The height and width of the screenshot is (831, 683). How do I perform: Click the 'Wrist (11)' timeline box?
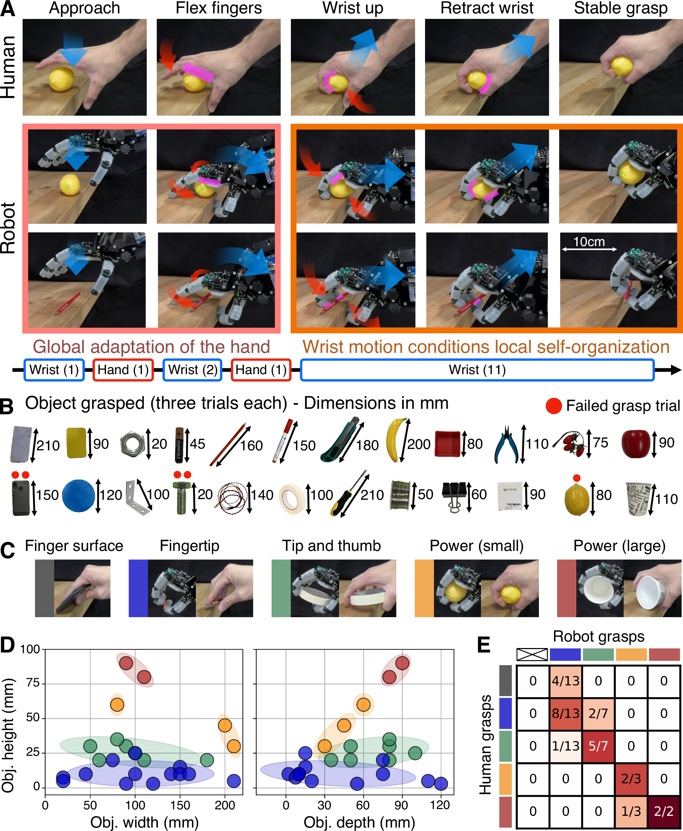pyautogui.click(x=477, y=370)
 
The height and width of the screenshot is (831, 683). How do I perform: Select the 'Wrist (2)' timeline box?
pyautogui.click(x=192, y=370)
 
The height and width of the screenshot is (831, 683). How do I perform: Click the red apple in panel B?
pyautogui.click(x=635, y=443)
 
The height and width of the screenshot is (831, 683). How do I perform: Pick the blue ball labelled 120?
pyautogui.click(x=79, y=495)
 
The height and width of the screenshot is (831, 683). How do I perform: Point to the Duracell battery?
pyautogui.click(x=180, y=445)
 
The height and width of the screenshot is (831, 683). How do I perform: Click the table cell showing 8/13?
pyautogui.click(x=565, y=713)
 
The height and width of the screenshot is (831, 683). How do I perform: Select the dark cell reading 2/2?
pyautogui.click(x=663, y=811)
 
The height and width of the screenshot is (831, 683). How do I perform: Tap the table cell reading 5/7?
pyautogui.click(x=598, y=746)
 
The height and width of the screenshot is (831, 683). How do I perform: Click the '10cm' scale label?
pyautogui.click(x=589, y=241)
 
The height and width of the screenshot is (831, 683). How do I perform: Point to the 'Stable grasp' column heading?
pyautogui.click(x=621, y=8)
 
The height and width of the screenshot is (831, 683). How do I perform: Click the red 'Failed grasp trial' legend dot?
pyautogui.click(x=554, y=406)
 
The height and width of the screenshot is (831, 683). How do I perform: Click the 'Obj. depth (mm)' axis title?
pyautogui.click(x=359, y=822)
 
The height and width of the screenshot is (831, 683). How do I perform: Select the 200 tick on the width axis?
pyautogui.click(x=225, y=805)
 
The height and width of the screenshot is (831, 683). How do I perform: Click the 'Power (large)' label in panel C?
pyautogui.click(x=619, y=546)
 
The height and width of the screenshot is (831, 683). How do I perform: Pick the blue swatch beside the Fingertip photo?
pyautogui.click(x=138, y=588)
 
